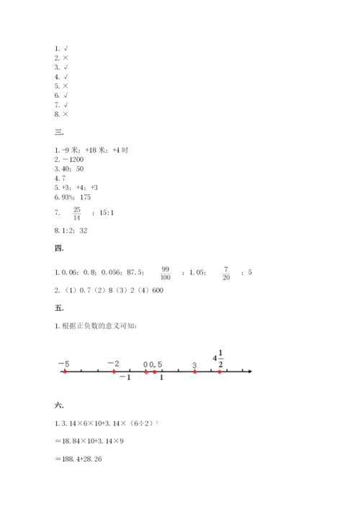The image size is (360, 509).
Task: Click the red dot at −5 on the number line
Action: [65, 371]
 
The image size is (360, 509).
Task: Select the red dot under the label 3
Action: [194, 371]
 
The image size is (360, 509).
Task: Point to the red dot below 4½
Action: [220, 371]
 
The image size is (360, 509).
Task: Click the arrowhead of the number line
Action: [249, 371]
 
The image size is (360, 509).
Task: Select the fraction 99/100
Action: [166, 272]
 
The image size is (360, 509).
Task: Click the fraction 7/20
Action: [225, 272]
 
